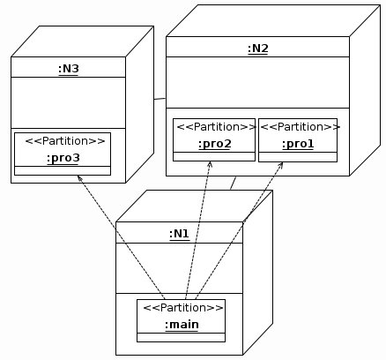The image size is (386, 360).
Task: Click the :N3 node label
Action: tap(69, 69)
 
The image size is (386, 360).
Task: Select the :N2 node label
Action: tap(258, 49)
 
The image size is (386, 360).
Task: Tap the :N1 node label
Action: tap(179, 234)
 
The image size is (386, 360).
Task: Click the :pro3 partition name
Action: tap(63, 158)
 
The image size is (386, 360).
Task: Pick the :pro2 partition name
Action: tap(215, 144)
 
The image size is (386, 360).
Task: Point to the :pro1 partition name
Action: tap(298, 144)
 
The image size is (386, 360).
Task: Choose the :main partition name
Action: tap(182, 325)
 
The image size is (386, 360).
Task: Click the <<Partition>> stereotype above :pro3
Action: tap(65, 141)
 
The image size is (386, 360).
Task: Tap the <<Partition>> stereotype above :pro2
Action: tap(217, 127)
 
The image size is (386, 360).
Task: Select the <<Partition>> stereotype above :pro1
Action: tap(300, 127)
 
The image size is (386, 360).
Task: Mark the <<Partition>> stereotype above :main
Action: tap(183, 308)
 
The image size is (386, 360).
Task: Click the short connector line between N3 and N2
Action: tap(160, 99)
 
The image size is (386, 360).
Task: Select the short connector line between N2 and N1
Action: tap(233, 183)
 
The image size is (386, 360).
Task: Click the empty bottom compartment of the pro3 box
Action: tap(63, 170)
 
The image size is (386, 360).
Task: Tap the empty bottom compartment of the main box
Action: tap(181, 337)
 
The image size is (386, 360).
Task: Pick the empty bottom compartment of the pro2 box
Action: tap(214, 156)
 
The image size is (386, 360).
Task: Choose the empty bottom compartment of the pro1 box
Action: tap(298, 157)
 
